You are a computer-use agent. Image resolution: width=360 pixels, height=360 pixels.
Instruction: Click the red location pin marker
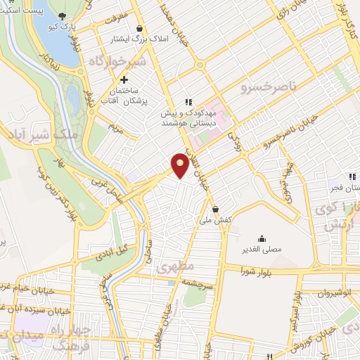click(x=180, y=165)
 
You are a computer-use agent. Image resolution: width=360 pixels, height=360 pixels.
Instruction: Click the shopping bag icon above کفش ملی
click(x=214, y=209)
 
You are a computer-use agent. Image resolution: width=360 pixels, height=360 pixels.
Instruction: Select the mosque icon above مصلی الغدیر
click(x=262, y=238)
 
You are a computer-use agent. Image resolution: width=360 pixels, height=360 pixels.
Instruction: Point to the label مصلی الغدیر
click(x=262, y=250)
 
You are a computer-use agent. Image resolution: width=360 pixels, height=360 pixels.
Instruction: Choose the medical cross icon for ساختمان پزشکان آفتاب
click(x=124, y=80)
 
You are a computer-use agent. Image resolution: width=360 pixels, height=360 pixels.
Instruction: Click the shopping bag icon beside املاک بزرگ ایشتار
click(x=140, y=28)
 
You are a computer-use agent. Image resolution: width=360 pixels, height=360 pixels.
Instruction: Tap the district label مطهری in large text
click(x=169, y=268)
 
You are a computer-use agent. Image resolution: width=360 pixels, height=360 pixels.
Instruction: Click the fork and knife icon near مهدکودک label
click(x=188, y=100)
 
